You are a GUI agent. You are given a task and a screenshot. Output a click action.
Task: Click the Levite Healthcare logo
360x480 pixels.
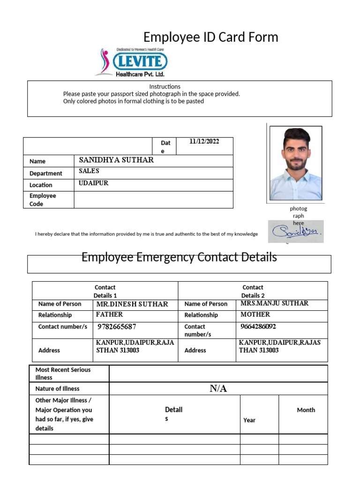pyautogui.click(x=131, y=62)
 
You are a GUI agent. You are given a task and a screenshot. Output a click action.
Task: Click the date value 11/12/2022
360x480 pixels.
pyautogui.click(x=204, y=141)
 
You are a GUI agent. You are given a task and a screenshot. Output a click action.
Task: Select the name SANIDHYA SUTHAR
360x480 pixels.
pyautogui.click(x=116, y=160)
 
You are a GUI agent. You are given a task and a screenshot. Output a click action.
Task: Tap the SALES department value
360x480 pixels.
pyautogui.click(x=89, y=172)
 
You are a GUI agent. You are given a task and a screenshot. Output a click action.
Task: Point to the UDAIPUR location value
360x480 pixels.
pyautogui.click(x=94, y=183)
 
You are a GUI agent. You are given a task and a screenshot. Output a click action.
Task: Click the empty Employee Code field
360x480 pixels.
pyautogui.click(x=153, y=200)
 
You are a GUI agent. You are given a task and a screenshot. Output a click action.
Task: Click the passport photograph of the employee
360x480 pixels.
pyautogui.click(x=296, y=163)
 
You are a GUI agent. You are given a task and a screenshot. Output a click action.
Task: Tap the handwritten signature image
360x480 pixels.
pyautogui.click(x=295, y=231)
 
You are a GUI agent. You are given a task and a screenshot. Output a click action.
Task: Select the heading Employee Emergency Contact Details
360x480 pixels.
pyautogui.click(x=179, y=257)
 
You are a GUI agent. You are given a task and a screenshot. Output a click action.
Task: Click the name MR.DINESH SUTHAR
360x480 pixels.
pyautogui.click(x=132, y=304)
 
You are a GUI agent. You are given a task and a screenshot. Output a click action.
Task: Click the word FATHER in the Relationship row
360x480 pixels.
pyautogui.click(x=109, y=315)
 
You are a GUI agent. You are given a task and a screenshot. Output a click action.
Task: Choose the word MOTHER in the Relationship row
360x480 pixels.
pyautogui.click(x=255, y=315)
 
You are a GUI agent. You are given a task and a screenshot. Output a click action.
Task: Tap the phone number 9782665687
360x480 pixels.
pyautogui.click(x=117, y=327)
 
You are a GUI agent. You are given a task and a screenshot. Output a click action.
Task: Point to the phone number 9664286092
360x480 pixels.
pyautogui.click(x=258, y=326)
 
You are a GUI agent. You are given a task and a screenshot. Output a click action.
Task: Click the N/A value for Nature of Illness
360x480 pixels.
pyautogui.click(x=218, y=389)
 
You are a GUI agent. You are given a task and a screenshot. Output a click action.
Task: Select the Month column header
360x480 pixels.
pyautogui.click(x=306, y=410)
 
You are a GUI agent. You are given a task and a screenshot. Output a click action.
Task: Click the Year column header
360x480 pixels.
pyautogui.click(x=249, y=420)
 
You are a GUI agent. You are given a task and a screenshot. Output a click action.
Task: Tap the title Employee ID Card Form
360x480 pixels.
pyautogui.click(x=210, y=37)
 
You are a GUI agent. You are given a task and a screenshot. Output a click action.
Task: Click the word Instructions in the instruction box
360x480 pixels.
pyautogui.click(x=165, y=87)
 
